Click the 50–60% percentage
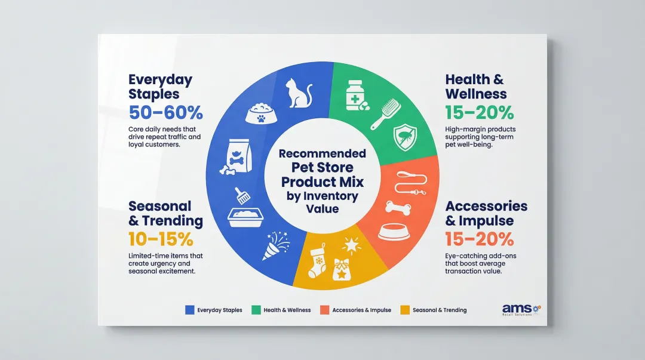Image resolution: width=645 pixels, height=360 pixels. (166, 112)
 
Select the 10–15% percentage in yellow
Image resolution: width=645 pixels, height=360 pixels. (161, 239)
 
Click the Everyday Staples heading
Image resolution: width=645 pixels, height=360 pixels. (160, 87)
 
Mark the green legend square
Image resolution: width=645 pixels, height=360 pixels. (256, 310)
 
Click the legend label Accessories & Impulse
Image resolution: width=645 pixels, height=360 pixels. (361, 310)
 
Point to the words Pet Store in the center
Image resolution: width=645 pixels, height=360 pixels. (323, 168)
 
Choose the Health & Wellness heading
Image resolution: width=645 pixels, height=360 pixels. (476, 87)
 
